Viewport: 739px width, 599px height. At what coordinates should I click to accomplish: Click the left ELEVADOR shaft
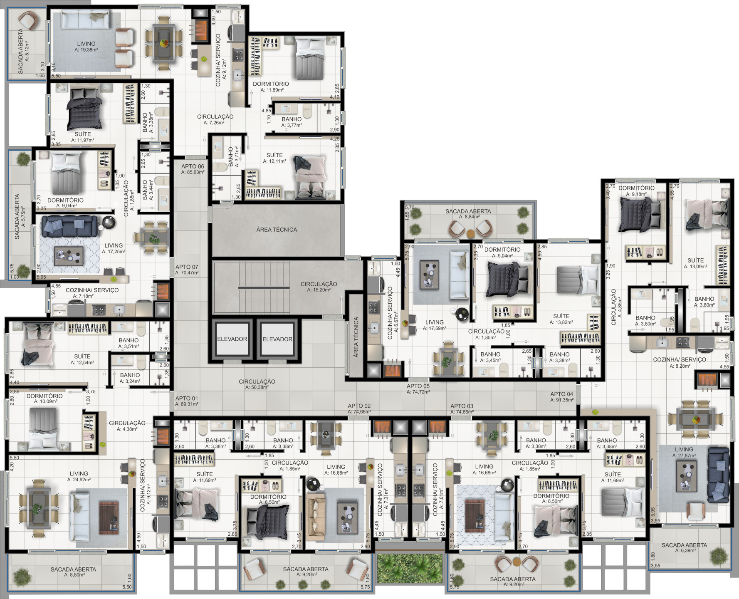pyautogui.click(x=232, y=339)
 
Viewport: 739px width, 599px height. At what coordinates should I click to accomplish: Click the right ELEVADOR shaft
pyautogui.click(x=277, y=339)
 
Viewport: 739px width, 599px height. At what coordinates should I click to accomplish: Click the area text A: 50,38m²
pyautogui.click(x=257, y=387)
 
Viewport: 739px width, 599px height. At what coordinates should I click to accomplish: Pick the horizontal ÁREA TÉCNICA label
pyautogui.click(x=277, y=229)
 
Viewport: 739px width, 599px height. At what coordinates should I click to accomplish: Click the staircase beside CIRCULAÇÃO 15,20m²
pyautogui.click(x=251, y=287)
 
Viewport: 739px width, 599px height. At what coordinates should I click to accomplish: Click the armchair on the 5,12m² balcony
pyautogui.click(x=27, y=20)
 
